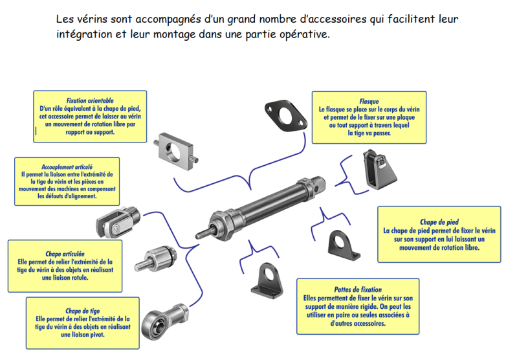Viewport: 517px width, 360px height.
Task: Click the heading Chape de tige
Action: [82, 311]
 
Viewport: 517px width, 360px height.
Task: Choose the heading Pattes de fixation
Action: [358, 290]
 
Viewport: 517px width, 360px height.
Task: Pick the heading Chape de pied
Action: [439, 221]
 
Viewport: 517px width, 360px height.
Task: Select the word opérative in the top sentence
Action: [307, 34]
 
